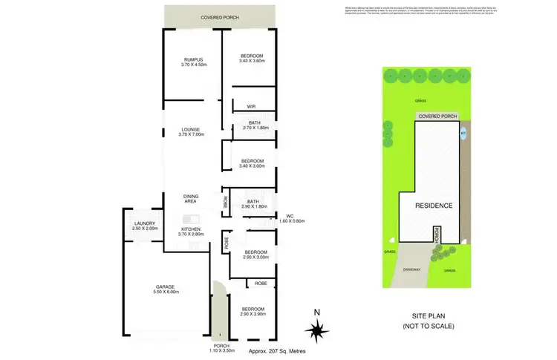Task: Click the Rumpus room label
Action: pos(195,62)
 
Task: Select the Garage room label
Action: pos(165,289)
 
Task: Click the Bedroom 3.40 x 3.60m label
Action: pos(253,60)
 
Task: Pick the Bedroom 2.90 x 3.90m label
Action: pos(253,312)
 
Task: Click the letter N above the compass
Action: pos(316,312)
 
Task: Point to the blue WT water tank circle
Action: pos(463,134)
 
